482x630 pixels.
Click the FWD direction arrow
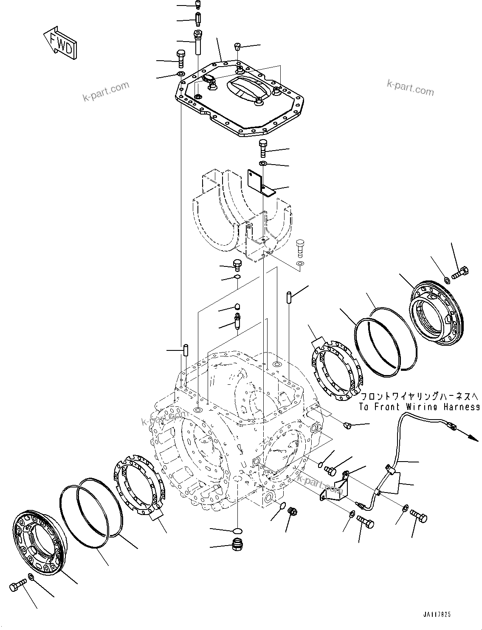coord(60,42)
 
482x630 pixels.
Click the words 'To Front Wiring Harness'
coord(419,407)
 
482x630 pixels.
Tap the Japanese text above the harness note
coord(419,397)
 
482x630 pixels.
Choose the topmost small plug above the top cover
coord(198,5)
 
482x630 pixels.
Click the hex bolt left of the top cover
coord(180,58)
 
